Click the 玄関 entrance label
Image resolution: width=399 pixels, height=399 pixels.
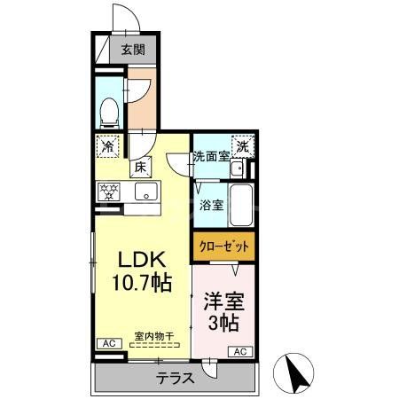pos(134,50)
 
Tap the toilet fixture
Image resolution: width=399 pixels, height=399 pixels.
pos(109,110)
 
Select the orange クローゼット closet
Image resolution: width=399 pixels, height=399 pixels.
pos(223,245)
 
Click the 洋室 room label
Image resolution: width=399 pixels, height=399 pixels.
pos(224,301)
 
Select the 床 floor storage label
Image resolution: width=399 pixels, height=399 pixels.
pos(139,166)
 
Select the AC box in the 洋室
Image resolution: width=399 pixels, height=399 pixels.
pos(239,351)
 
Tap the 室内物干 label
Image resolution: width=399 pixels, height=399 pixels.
pos(153,335)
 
